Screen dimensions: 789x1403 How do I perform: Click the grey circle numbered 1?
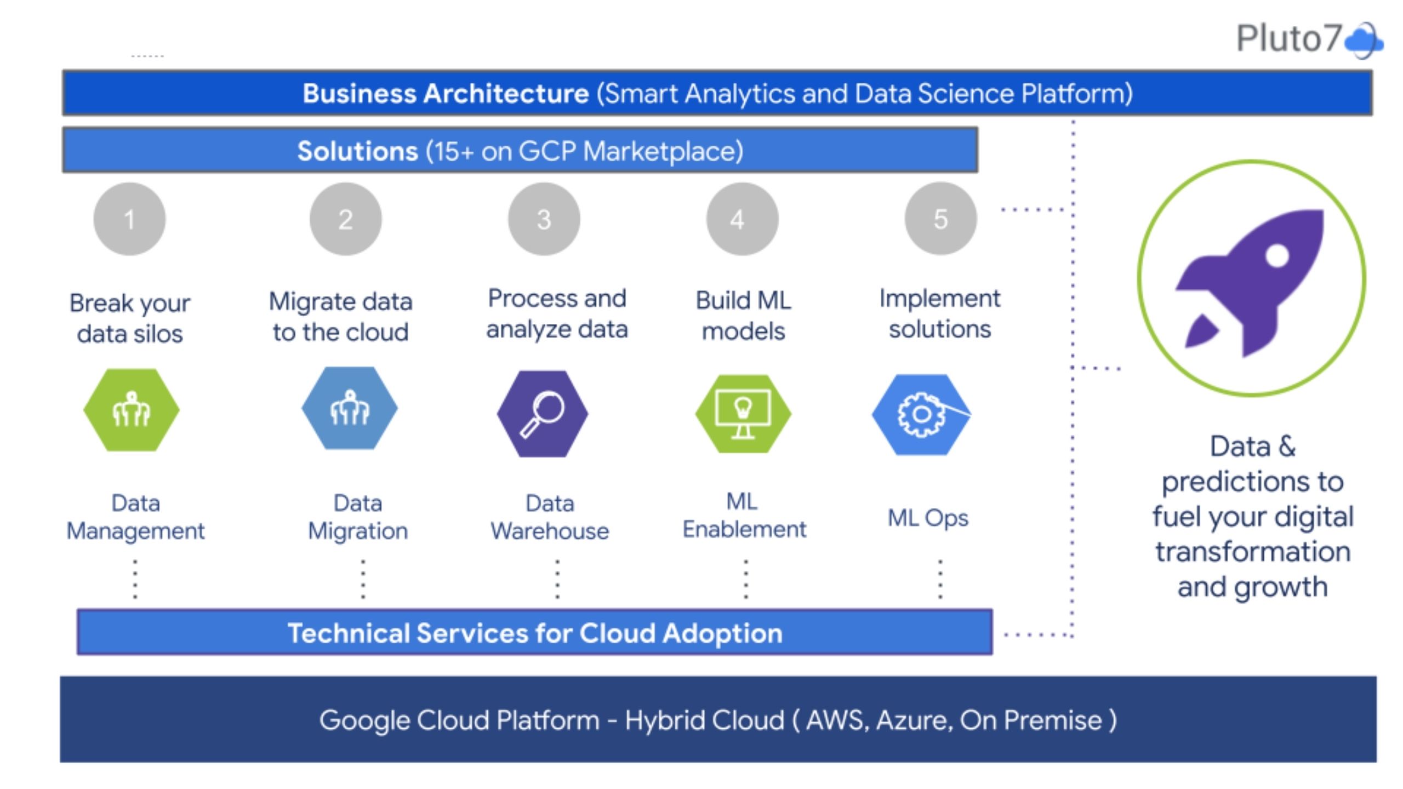tap(129, 219)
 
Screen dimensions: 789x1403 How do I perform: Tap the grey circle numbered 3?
tap(544, 219)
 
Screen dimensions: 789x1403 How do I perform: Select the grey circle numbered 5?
tap(940, 219)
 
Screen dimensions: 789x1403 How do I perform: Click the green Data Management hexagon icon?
tap(132, 410)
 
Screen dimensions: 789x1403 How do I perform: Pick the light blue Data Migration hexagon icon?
tap(350, 409)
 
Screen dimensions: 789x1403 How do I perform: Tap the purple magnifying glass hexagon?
tap(543, 414)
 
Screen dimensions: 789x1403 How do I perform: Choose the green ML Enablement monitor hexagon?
tap(743, 414)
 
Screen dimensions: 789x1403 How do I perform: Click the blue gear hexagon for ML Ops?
tap(921, 415)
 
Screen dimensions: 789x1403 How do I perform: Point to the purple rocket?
tap(1253, 282)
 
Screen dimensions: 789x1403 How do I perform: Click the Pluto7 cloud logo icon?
tap(1364, 40)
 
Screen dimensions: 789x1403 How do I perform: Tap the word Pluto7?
tap(1288, 38)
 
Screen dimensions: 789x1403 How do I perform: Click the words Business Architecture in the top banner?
tap(446, 94)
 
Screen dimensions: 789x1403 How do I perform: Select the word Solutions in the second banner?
tap(357, 151)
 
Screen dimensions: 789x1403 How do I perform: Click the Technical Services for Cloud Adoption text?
tap(535, 633)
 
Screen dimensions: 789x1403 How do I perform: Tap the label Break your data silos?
tap(130, 318)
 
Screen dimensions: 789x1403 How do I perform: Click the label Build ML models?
tap(743, 316)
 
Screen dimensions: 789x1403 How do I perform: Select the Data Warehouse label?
tap(550, 517)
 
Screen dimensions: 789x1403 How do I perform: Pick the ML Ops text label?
tap(928, 518)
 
